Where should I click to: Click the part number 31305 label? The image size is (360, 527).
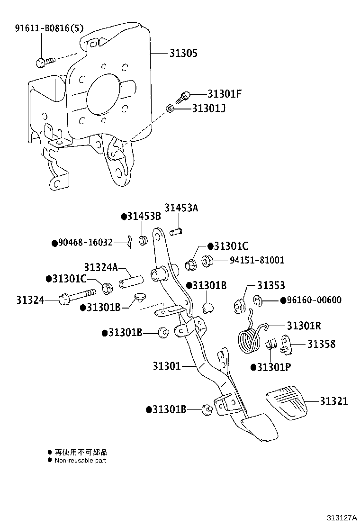click(x=183, y=54)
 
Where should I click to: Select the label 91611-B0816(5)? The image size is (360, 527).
click(x=49, y=28)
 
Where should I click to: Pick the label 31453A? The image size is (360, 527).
click(x=182, y=207)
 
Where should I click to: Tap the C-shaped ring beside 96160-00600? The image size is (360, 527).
click(x=257, y=300)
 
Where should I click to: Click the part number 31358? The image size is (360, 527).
click(x=321, y=344)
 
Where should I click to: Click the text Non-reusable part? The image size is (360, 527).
click(x=81, y=460)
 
